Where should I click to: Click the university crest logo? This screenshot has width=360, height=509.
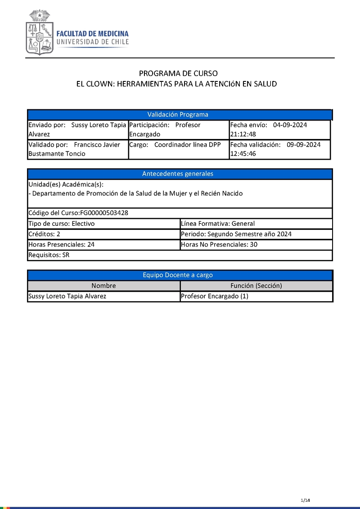[x=40, y=33]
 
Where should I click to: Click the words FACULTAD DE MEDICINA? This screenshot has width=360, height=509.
[x=92, y=34]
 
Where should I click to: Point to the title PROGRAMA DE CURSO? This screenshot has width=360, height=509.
[x=178, y=73]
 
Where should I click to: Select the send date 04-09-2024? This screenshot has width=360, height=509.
[x=290, y=125]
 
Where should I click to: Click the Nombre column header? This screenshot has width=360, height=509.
[x=103, y=286]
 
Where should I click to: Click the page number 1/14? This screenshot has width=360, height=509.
[x=306, y=500]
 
